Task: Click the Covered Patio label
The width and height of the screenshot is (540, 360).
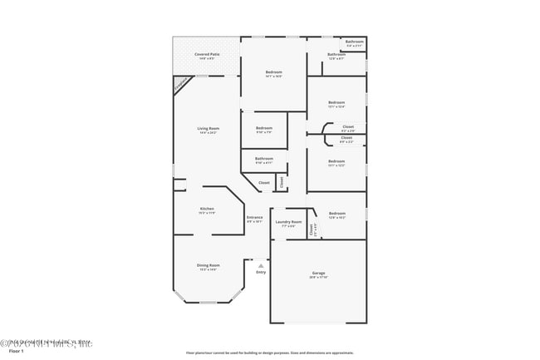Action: pyautogui.click(x=207, y=55)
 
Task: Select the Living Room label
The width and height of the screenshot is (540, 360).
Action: pyautogui.click(x=208, y=129)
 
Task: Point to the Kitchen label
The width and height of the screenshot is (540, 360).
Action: pyautogui.click(x=207, y=209)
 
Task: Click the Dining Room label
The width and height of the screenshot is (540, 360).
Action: pyautogui.click(x=208, y=265)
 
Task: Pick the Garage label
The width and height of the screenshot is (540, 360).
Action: pyautogui.click(x=318, y=274)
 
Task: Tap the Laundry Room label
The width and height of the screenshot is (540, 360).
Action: pyautogui.click(x=289, y=222)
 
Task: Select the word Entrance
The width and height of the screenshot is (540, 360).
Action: pyautogui.click(x=254, y=218)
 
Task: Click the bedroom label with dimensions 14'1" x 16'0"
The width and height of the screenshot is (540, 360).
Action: pyautogui.click(x=273, y=72)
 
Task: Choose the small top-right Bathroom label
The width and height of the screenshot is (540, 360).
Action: pyautogui.click(x=355, y=42)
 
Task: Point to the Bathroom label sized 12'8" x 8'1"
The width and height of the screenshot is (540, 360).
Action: pyautogui.click(x=336, y=55)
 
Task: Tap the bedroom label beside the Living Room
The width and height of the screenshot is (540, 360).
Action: pyautogui.click(x=264, y=128)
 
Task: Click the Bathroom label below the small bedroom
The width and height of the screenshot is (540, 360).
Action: pyautogui.click(x=264, y=159)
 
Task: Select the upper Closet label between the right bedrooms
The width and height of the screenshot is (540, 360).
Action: pyautogui.click(x=348, y=127)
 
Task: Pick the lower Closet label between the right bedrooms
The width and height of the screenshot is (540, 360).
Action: pyautogui.click(x=346, y=138)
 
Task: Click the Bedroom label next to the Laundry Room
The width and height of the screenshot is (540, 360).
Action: pyautogui.click(x=336, y=215)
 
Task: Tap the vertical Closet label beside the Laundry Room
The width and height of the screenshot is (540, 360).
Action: pyautogui.click(x=312, y=230)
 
